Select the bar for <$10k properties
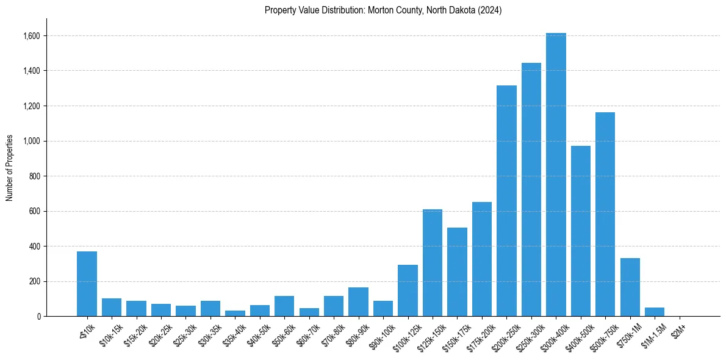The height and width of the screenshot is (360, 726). point(87,284)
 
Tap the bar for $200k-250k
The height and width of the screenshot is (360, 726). point(506,201)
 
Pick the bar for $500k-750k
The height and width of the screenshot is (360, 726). point(605,214)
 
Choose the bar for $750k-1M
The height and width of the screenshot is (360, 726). point(630,287)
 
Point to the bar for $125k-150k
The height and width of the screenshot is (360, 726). point(433,262)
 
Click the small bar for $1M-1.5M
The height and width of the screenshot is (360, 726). point(655,312)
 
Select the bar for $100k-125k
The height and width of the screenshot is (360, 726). point(408,290)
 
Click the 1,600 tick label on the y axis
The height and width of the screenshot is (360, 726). point(32,36)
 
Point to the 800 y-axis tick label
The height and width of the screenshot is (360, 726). point(35,176)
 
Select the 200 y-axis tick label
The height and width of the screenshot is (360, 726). point(35,282)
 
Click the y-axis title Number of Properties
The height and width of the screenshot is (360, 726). point(10,168)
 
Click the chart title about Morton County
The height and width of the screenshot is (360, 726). point(383,10)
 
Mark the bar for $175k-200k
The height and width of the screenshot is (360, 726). point(482,259)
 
